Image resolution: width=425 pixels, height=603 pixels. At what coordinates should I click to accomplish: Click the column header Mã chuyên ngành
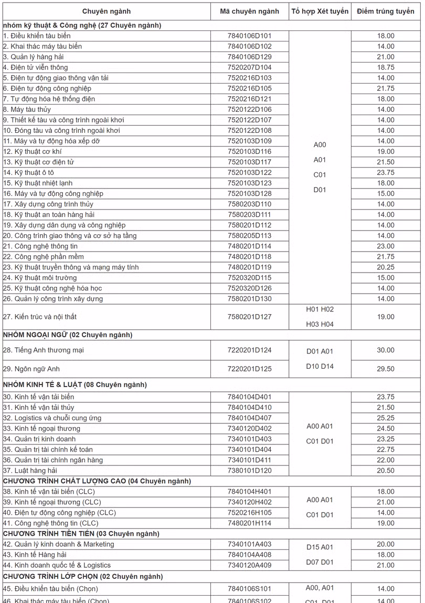coord(250,12)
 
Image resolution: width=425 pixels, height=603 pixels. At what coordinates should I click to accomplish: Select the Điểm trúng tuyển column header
coord(386,12)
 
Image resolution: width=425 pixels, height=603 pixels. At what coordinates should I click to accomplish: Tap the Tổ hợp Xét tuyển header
coord(320,12)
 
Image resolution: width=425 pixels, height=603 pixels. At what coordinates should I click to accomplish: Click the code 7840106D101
coord(250,36)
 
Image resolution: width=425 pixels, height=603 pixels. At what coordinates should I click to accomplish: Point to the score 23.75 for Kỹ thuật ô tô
coord(386,172)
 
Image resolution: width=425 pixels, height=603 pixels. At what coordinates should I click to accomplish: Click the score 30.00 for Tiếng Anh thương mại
coord(386,350)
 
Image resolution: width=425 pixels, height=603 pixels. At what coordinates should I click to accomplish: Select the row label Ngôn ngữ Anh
coord(34,369)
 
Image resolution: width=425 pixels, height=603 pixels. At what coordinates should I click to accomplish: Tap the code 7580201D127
coord(250,317)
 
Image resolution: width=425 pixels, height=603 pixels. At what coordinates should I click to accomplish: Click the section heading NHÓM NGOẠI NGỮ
coord(68,335)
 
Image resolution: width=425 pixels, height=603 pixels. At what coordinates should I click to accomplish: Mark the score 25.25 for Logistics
coord(386,418)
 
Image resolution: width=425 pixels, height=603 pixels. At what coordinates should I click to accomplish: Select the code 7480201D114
coord(250,246)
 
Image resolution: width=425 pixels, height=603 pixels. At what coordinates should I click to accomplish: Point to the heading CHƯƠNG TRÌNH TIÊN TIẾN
coord(81,534)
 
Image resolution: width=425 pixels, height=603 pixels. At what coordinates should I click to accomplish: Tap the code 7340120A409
coord(250,565)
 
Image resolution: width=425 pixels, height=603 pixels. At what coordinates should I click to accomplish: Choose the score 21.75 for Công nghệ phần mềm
coord(386,256)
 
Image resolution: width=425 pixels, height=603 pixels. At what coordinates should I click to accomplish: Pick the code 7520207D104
coord(250,67)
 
